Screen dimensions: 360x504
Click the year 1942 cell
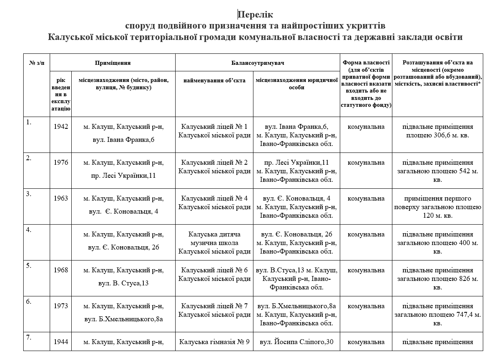click(x=61, y=127)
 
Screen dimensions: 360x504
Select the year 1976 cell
click(x=61, y=163)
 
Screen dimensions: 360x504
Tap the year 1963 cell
click(x=61, y=199)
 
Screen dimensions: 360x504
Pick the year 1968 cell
click(x=61, y=270)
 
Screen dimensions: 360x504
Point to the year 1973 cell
click(x=61, y=306)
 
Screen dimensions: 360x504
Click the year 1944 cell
click(x=61, y=342)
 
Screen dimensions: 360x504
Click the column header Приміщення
click(x=112, y=63)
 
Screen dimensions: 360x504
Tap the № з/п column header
click(x=37, y=63)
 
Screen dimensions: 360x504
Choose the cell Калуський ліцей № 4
click(x=214, y=203)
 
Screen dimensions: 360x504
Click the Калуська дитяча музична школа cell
click(x=214, y=243)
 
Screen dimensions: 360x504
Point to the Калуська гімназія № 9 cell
click(x=214, y=342)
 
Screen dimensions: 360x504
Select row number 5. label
click(x=29, y=266)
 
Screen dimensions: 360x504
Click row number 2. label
click(x=29, y=158)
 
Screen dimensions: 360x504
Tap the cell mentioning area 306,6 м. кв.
click(x=438, y=131)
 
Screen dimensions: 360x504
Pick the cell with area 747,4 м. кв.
click(x=438, y=315)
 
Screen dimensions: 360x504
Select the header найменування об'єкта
click(x=214, y=80)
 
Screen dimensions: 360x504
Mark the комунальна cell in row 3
click(x=366, y=199)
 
